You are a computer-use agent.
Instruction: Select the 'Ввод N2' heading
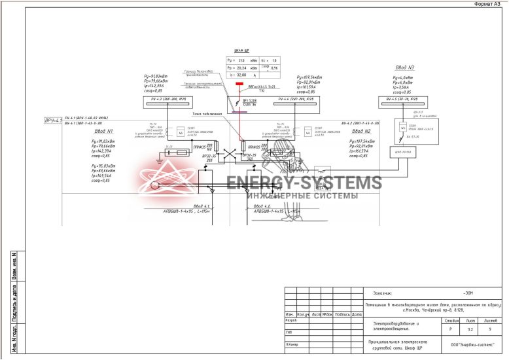tap(361, 131)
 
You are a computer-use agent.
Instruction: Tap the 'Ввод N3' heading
tap(404, 68)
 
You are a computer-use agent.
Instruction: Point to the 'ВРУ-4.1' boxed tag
tap(52, 121)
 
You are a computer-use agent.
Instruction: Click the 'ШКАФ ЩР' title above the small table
tap(241, 50)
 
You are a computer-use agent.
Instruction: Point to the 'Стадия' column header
tap(450, 321)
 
